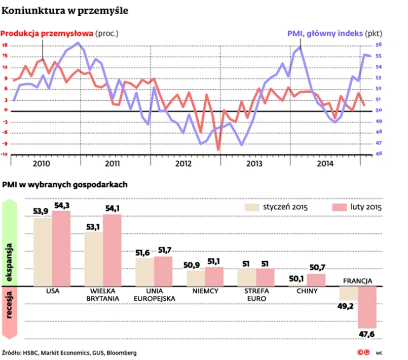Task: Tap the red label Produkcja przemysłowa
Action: point(47,34)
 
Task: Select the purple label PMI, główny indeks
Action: point(325,34)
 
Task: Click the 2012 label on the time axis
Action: point(183,164)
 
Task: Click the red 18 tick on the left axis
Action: point(5,45)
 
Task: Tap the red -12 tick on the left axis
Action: point(5,155)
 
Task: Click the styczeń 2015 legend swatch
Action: point(252,207)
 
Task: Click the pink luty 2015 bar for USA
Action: point(61,248)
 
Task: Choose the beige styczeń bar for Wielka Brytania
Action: point(94,259)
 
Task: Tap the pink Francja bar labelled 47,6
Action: point(367,307)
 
